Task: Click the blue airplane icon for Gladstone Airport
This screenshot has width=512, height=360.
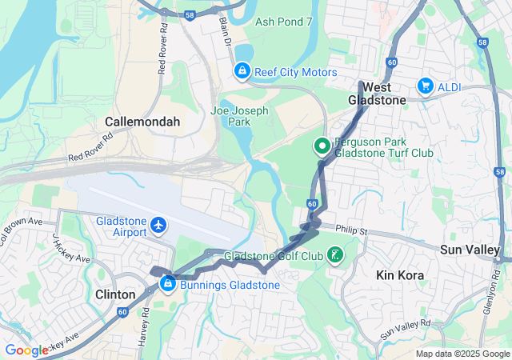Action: coord(158,226)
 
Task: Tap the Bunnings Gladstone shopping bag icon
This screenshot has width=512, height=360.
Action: coord(168,283)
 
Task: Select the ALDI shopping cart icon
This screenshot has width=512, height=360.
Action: coord(426,86)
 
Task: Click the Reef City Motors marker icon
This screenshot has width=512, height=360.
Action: coord(242,72)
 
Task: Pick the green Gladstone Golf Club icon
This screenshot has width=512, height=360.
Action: coord(334,256)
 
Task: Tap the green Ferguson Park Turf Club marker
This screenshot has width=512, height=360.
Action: coord(322,146)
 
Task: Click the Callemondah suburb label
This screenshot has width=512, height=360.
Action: coord(142,122)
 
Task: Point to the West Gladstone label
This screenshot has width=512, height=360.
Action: coord(377,93)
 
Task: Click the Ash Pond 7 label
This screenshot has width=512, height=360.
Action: coord(283,22)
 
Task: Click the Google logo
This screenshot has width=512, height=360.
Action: coord(26,350)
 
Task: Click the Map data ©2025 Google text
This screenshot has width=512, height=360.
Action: coord(462,354)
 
